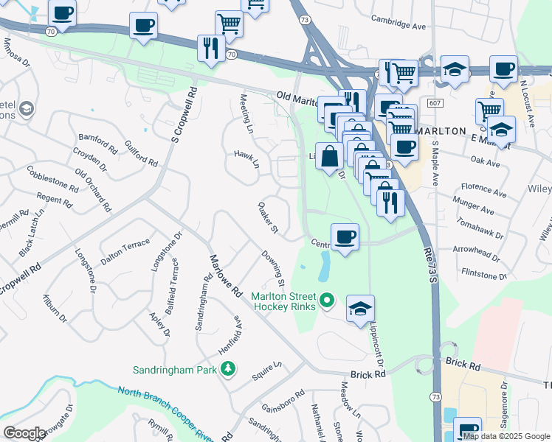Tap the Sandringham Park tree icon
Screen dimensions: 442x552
click(x=229, y=368)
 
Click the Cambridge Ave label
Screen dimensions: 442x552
click(x=399, y=24)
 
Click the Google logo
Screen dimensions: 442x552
click(x=24, y=433)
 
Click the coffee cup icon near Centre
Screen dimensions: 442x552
click(x=345, y=237)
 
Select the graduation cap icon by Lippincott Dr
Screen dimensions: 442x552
click(x=360, y=309)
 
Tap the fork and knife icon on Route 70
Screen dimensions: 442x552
click(x=212, y=48)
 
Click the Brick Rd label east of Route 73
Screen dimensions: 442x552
click(x=463, y=365)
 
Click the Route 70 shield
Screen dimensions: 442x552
click(x=49, y=32)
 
